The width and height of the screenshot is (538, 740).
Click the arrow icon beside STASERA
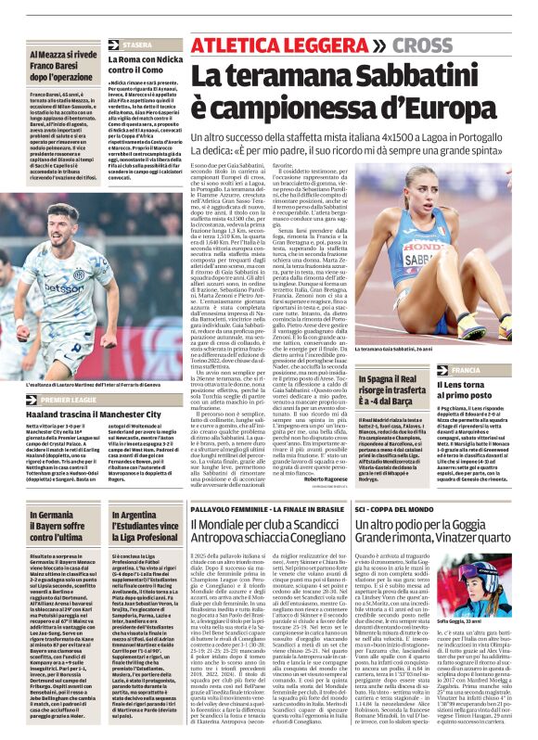[x=113, y=45]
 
